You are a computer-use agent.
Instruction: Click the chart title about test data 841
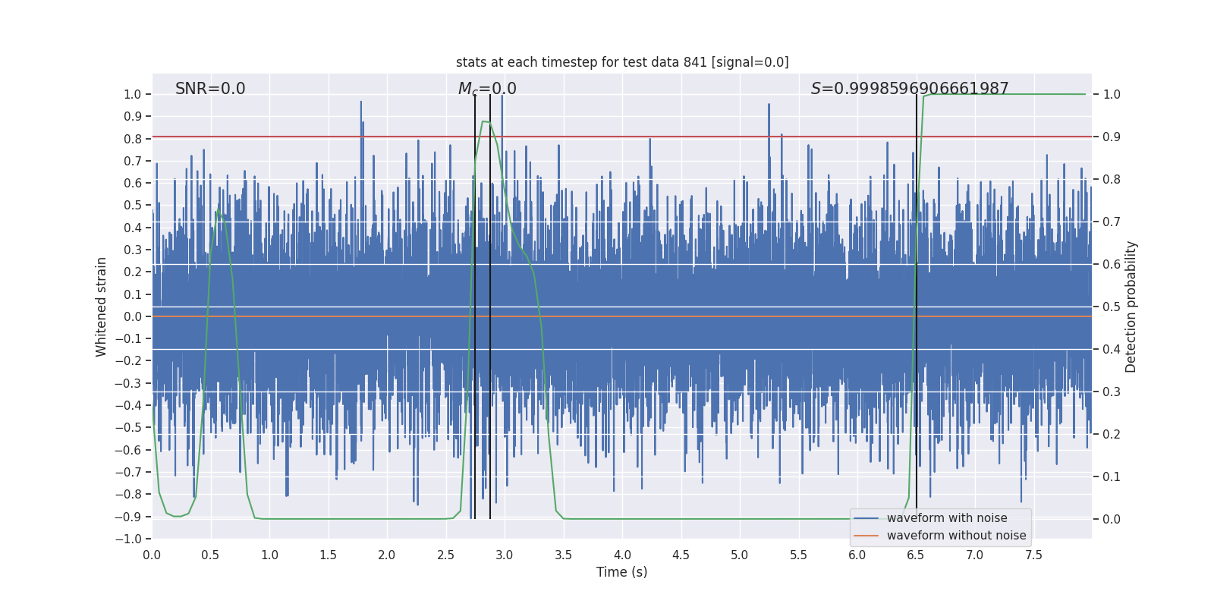pyautogui.click(x=622, y=62)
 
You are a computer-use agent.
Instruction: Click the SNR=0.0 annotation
pyautogui.click(x=210, y=89)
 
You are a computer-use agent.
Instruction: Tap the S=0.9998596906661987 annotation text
pyautogui.click(x=910, y=89)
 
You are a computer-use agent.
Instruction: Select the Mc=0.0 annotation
pyautogui.click(x=487, y=89)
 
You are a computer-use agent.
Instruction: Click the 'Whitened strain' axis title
pyautogui.click(x=102, y=307)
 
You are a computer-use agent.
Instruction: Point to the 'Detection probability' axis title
pyautogui.click(x=1131, y=307)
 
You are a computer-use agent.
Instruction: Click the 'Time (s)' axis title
pyautogui.click(x=622, y=572)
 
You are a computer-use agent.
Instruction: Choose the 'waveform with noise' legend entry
pyautogui.click(x=947, y=518)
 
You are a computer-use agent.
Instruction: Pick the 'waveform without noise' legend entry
pyautogui.click(x=956, y=536)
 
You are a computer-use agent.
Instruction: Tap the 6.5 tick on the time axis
pyautogui.click(x=916, y=555)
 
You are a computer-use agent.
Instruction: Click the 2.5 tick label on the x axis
pyautogui.click(x=446, y=555)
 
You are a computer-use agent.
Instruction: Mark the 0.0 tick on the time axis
pyautogui.click(x=153, y=555)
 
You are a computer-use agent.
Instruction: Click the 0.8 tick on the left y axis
pyautogui.click(x=133, y=139)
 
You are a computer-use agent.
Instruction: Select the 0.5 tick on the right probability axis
pyautogui.click(x=1112, y=307)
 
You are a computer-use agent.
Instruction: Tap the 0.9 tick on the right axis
pyautogui.click(x=1112, y=137)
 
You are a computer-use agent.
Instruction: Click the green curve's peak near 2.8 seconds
pyautogui.click(x=483, y=121)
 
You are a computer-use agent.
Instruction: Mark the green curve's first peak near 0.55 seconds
pyautogui.click(x=217, y=211)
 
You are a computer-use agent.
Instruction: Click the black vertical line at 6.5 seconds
pyautogui.click(x=917, y=303)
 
